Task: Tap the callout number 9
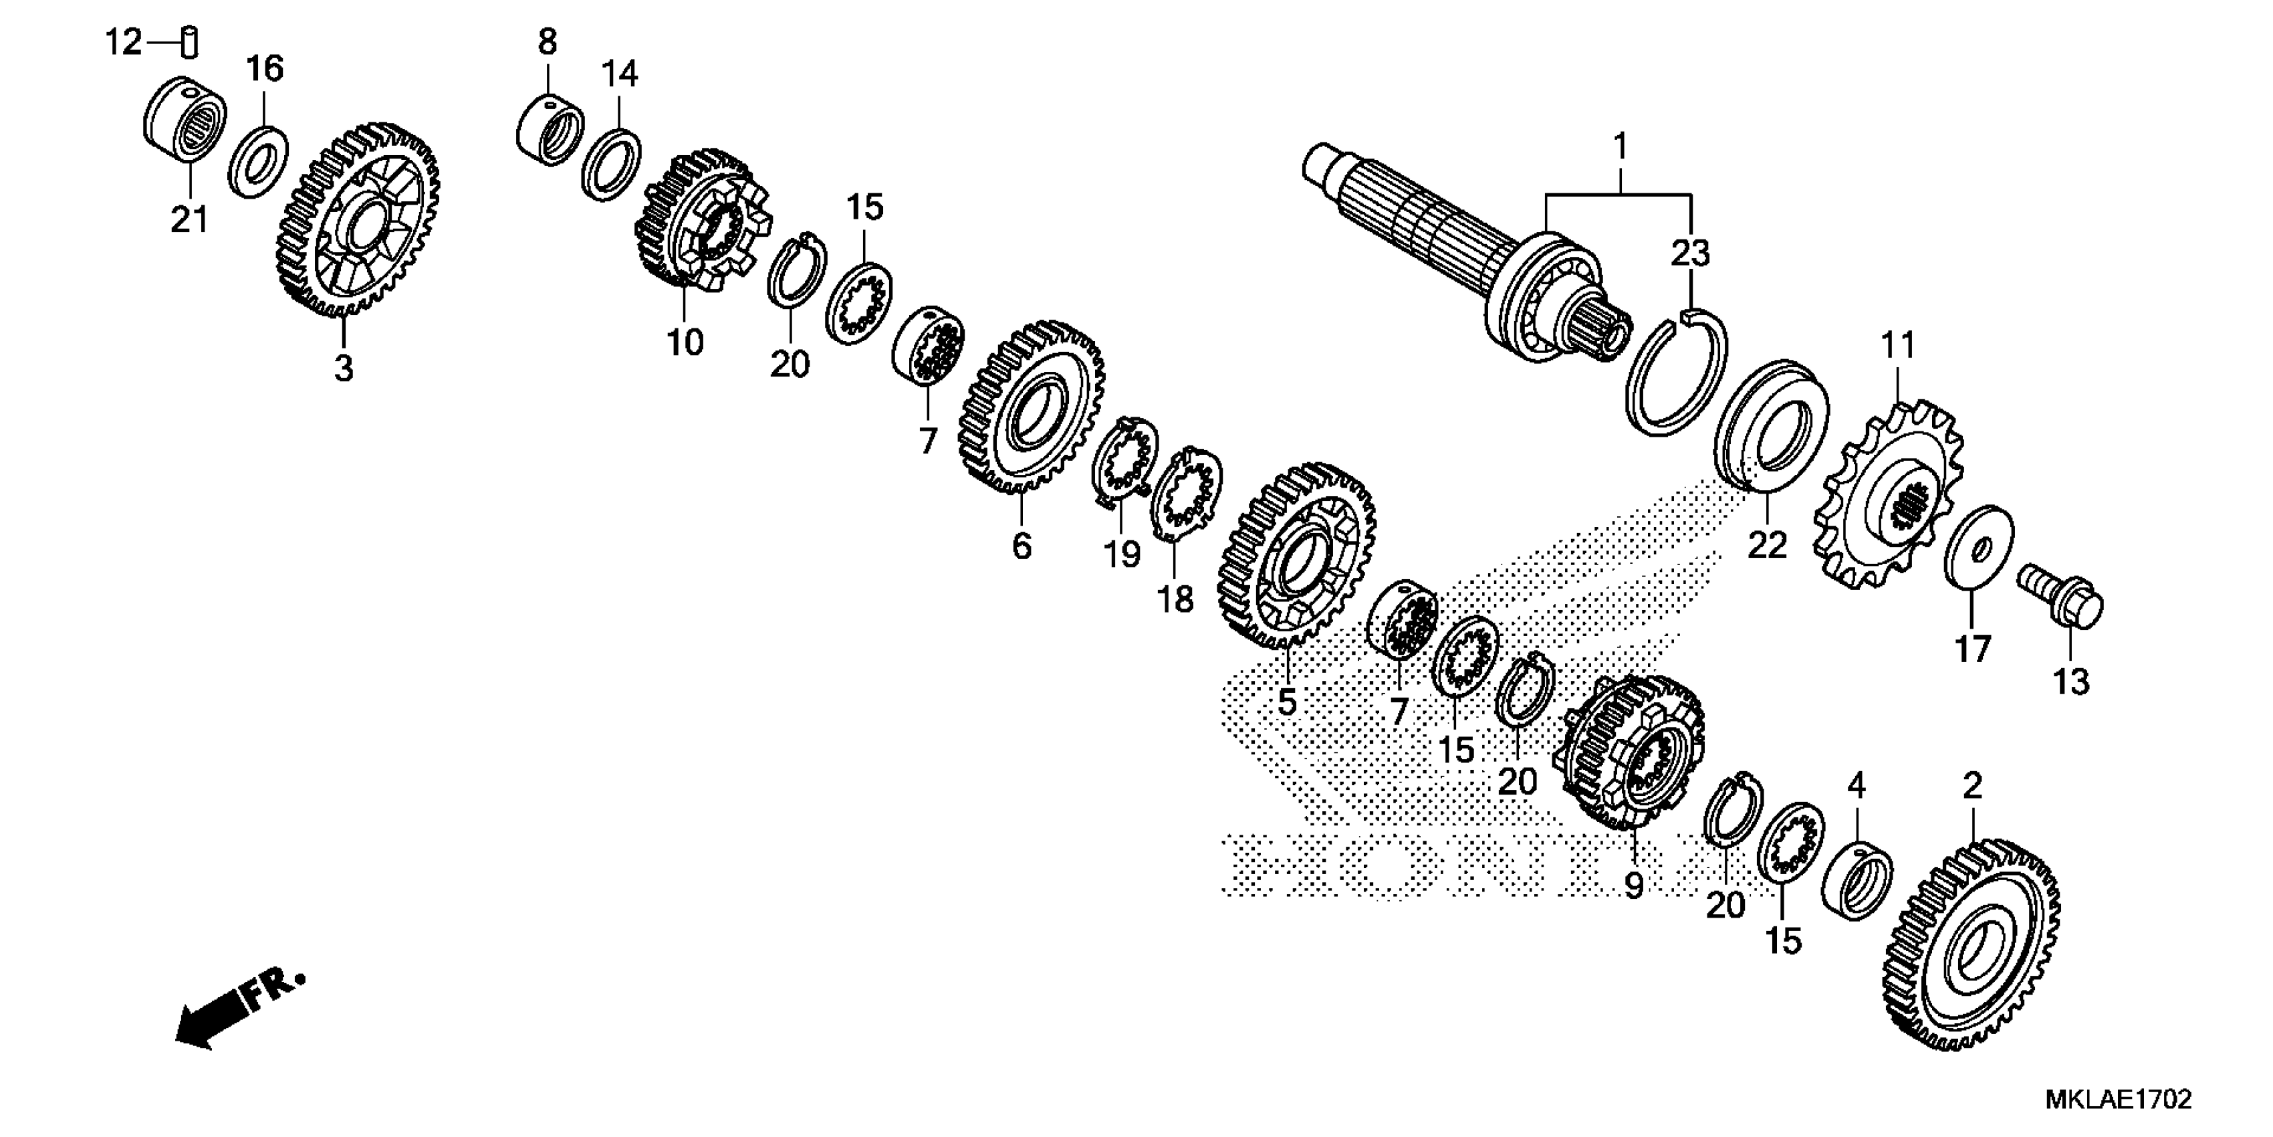[x=1633, y=886]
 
